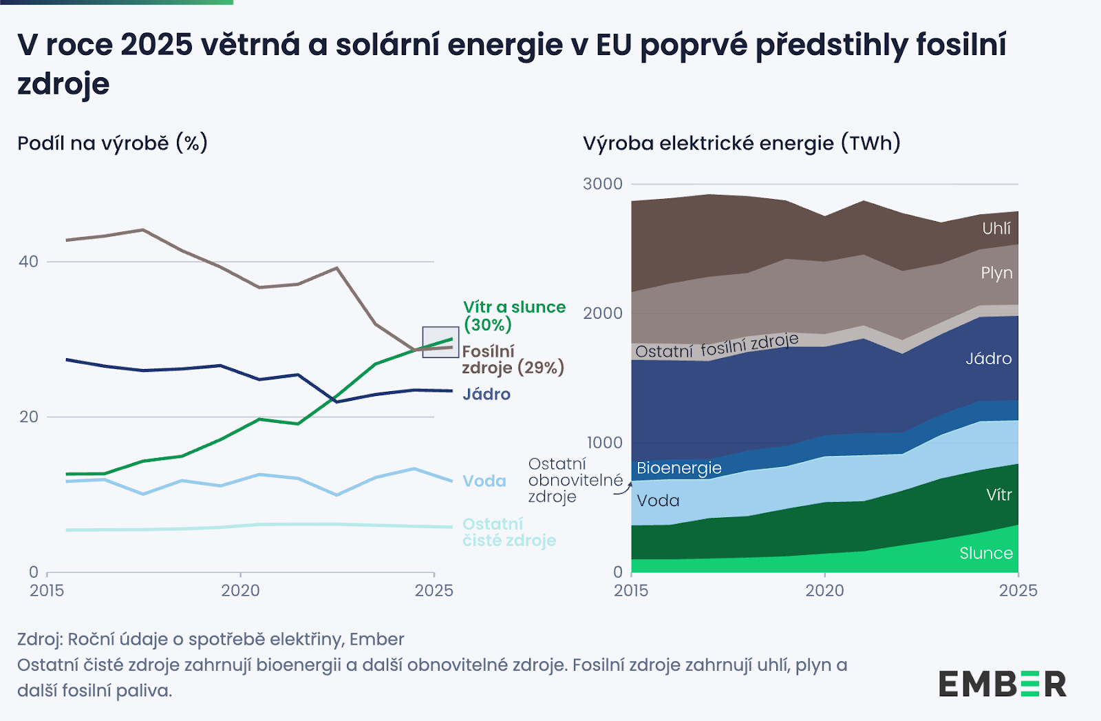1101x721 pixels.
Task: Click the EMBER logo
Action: (1002, 684)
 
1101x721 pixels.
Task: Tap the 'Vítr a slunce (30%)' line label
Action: (514, 315)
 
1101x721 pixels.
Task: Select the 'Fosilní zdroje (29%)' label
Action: (513, 359)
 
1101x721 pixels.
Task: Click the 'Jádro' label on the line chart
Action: (487, 394)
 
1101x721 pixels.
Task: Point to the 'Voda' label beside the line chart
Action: (484, 481)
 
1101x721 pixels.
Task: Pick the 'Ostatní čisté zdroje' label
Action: (509, 532)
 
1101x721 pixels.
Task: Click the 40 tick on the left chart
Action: (28, 262)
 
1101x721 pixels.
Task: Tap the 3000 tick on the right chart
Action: (602, 184)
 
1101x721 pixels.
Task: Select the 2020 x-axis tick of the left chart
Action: (240, 590)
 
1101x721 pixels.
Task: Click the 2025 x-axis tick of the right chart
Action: (1018, 590)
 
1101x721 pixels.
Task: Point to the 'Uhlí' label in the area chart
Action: (996, 228)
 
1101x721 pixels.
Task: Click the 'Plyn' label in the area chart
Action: (996, 273)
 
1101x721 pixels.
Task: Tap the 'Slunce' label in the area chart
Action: (985, 553)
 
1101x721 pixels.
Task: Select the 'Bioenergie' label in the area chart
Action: (678, 468)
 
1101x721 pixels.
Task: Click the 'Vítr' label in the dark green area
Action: (998, 494)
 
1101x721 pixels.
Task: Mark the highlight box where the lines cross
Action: (440, 342)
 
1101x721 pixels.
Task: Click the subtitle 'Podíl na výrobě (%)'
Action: (112, 143)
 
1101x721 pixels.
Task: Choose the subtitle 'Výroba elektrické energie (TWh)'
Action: (741, 143)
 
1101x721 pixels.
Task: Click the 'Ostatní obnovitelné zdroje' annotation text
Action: (575, 480)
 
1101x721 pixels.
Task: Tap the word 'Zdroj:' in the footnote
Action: (39, 639)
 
